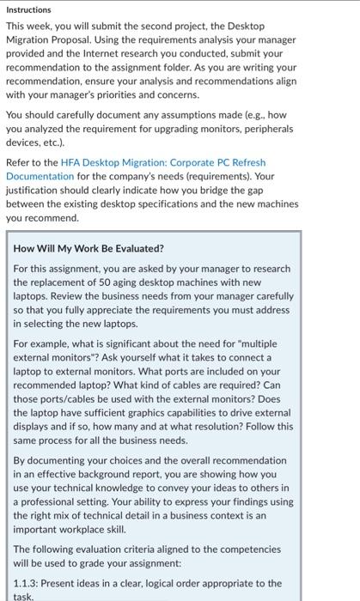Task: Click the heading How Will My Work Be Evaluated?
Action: pos(89,248)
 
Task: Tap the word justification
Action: pos(34,190)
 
